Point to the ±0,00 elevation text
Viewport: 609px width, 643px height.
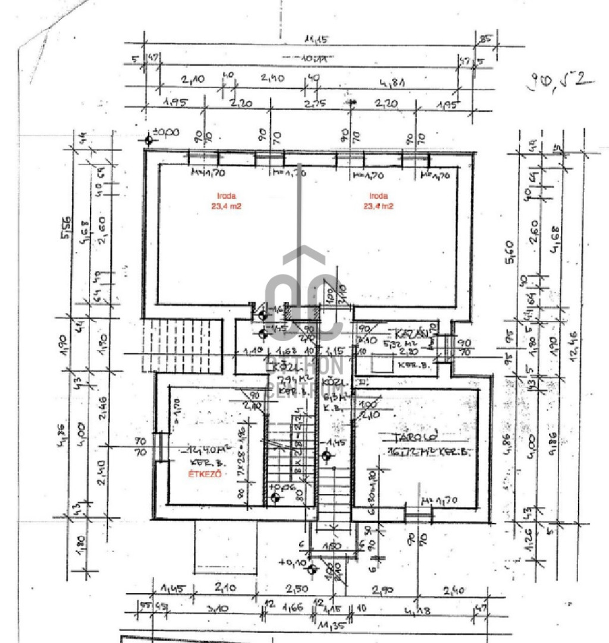click(166, 133)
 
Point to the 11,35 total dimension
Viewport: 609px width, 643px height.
click(331, 625)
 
